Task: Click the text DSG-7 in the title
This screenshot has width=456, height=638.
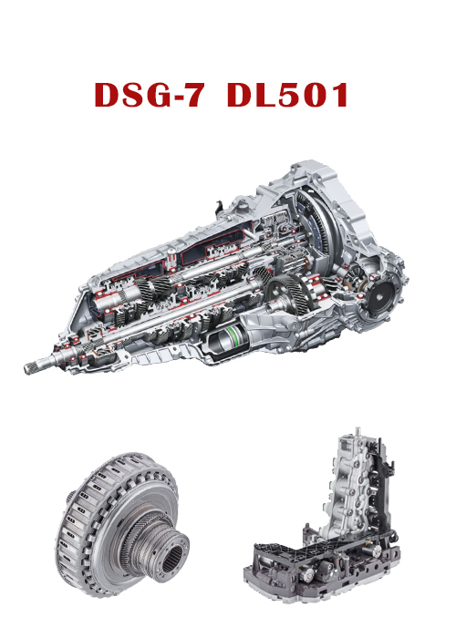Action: click(x=149, y=95)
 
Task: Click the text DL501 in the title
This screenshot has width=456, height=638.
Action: click(x=287, y=95)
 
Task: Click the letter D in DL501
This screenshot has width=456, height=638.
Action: click(x=240, y=95)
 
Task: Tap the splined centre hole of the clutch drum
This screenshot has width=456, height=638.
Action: click(x=172, y=559)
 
